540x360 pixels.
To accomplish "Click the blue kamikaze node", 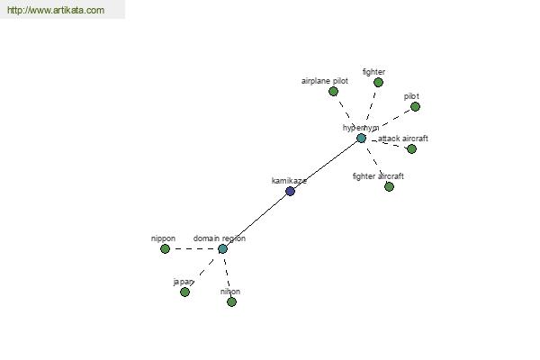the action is (x=291, y=191).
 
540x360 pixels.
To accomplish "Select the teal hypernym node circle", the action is (x=361, y=138).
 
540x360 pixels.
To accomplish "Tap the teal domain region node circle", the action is (x=223, y=248).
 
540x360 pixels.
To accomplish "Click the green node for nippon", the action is (x=166, y=248).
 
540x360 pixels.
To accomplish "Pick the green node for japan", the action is (x=184, y=292).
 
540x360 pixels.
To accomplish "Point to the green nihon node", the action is (x=232, y=302).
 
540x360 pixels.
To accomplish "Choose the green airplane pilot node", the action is (x=333, y=91).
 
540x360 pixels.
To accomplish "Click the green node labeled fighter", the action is (x=379, y=82).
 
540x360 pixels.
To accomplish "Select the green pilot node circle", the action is (x=416, y=107).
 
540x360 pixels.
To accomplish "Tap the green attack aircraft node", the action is (x=412, y=148).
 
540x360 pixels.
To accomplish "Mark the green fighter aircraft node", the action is (x=389, y=186).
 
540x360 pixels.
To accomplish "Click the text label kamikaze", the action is (x=289, y=181).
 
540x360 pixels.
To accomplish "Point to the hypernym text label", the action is (x=361, y=128).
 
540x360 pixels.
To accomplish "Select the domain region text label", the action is (x=220, y=238).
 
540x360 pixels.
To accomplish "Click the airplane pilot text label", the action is (x=325, y=81).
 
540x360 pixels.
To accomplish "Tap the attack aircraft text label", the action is (x=403, y=139).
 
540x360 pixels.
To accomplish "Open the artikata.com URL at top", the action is (x=56, y=10).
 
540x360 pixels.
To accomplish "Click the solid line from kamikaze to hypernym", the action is (x=326, y=165).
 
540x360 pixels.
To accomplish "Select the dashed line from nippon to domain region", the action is (x=193, y=248).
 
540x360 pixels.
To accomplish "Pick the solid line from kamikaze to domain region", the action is (x=256, y=220).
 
